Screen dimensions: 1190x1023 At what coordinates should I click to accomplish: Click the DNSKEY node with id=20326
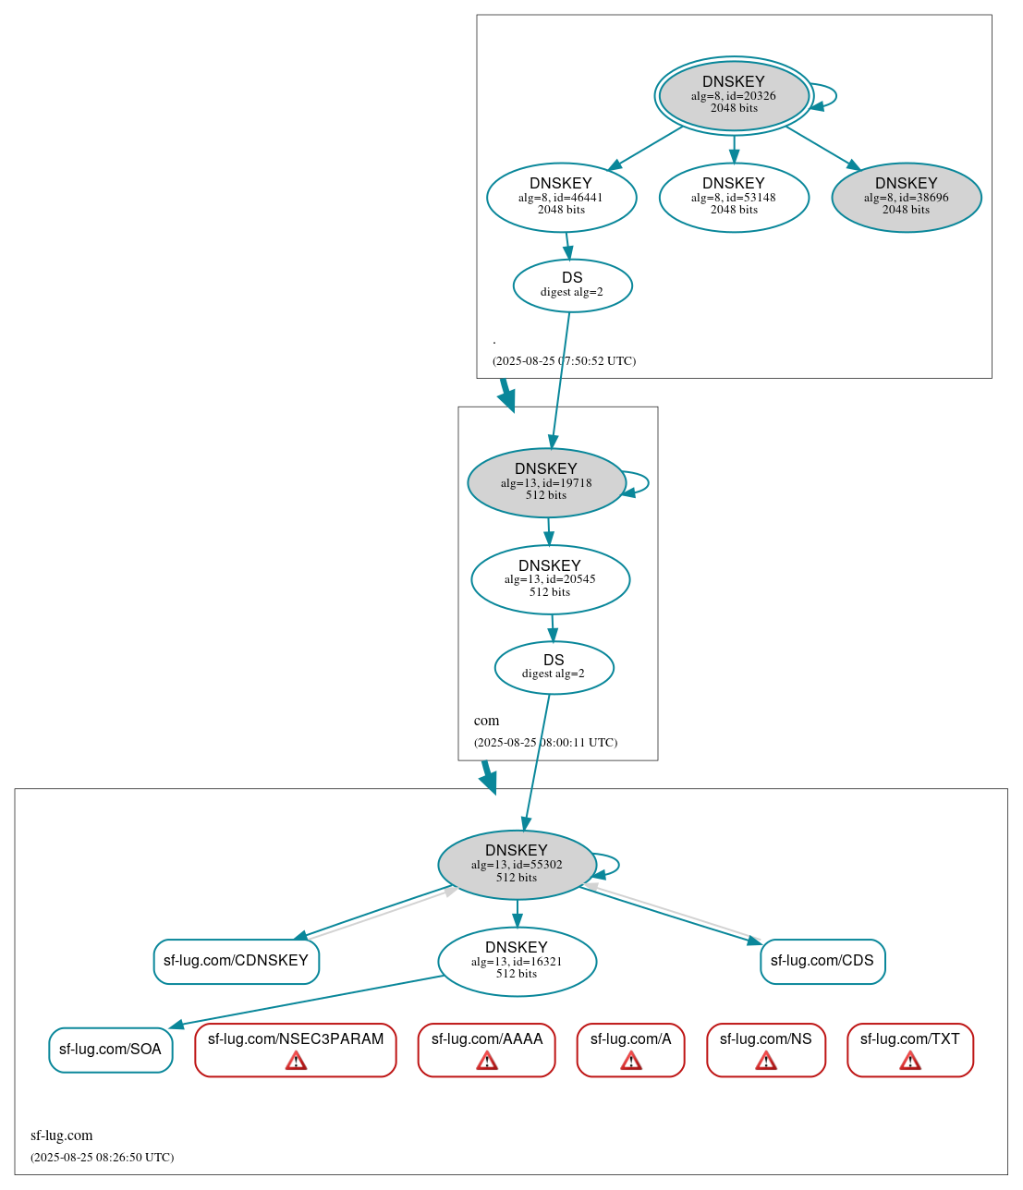pos(734,95)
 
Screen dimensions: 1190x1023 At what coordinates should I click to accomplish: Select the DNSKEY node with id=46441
pos(561,197)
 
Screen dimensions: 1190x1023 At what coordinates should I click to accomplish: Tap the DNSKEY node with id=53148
pos(734,197)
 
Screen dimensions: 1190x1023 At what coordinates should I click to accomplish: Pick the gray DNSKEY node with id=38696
pos(906,197)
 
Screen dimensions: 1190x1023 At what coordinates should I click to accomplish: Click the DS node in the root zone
pos(572,285)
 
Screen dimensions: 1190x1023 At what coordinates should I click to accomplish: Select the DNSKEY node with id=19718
pos(546,482)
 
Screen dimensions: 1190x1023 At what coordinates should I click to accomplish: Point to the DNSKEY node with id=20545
pos(550,579)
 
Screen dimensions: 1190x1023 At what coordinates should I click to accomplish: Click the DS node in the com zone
pos(554,667)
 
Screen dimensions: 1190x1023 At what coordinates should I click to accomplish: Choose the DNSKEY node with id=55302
pos(517,865)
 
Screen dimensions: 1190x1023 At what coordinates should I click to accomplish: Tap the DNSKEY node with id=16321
pos(517,961)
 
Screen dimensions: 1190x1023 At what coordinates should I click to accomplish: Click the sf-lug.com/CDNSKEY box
pos(236,961)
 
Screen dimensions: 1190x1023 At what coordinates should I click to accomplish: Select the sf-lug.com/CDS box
pos(822,961)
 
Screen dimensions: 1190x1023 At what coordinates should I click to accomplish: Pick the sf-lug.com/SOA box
pos(110,1050)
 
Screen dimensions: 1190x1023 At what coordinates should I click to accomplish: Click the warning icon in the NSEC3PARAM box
pos(296,1061)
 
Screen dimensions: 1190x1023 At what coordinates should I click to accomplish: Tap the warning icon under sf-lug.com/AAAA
pos(487,1061)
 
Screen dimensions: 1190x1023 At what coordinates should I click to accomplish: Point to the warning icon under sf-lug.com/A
pos(631,1061)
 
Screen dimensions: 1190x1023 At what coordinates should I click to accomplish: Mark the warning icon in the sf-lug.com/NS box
pos(766,1061)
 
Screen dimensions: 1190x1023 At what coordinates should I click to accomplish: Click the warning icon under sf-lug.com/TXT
pos(910,1061)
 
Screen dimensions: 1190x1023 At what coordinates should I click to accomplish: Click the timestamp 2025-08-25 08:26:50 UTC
pos(102,1157)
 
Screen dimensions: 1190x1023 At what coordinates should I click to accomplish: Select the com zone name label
pos(486,721)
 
